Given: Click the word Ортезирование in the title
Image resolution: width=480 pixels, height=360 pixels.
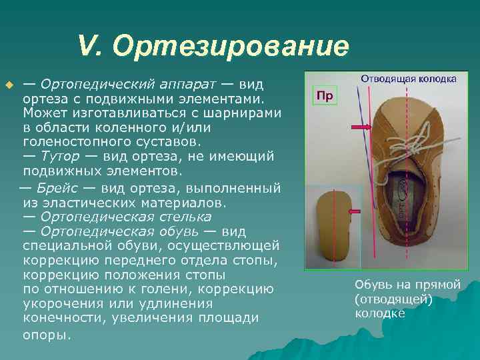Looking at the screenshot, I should tap(231, 47).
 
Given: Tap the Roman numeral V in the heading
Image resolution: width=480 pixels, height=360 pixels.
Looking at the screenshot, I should tap(87, 47).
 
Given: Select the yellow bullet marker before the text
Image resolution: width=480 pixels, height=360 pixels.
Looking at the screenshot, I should tap(9, 86).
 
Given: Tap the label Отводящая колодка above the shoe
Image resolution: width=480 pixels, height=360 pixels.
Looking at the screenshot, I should tap(408, 79).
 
